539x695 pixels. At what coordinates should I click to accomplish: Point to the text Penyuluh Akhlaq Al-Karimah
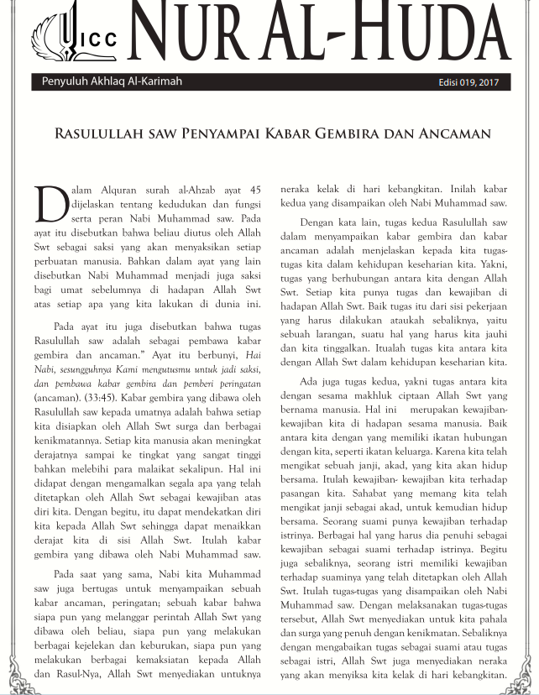point(113,82)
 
